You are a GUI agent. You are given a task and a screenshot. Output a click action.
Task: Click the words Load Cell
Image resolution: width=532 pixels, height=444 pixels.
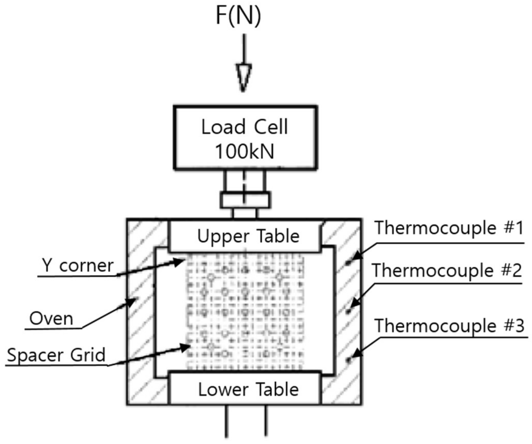point(245,127)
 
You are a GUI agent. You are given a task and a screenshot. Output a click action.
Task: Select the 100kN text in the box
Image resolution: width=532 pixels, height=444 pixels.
point(245,152)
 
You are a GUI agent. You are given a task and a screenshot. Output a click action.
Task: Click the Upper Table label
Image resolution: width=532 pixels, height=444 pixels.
point(248,236)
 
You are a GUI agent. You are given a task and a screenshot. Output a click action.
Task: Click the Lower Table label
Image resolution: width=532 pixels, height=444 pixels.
point(248,389)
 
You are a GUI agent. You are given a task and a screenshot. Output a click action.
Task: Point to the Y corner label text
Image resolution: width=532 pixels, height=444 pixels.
point(78,265)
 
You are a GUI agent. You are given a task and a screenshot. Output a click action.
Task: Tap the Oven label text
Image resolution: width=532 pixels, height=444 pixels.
point(51,318)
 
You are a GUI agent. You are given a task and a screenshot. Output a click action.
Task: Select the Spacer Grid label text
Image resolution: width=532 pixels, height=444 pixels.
point(56,355)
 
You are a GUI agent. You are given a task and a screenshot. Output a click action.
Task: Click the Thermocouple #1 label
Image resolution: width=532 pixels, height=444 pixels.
point(449,228)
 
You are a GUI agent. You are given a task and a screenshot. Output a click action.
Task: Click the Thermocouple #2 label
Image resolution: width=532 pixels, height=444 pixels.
point(447,270)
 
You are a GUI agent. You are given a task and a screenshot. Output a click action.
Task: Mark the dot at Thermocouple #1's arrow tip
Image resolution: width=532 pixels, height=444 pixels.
point(348,263)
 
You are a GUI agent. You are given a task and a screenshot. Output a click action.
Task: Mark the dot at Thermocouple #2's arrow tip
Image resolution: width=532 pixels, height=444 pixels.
point(348,311)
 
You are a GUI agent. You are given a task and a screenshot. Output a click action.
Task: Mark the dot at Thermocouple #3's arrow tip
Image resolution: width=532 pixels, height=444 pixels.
point(348,360)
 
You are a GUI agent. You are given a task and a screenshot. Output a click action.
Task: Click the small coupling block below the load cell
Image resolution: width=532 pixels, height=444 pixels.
point(245,200)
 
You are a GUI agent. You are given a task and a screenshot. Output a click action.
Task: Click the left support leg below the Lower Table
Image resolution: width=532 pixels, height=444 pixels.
point(227,421)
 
